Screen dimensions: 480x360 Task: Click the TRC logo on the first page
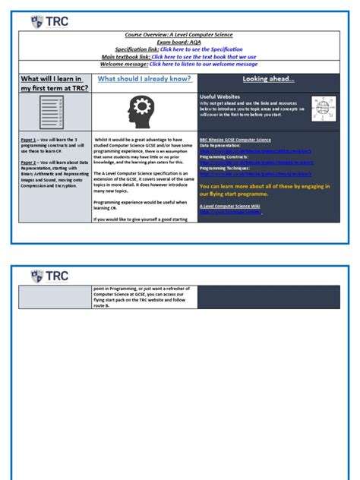[49, 21]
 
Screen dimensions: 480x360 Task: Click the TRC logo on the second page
[49, 276]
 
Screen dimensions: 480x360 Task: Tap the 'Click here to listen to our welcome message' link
[203, 65]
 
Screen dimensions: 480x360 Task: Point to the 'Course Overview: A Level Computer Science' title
[179, 35]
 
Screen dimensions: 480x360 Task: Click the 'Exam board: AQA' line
[179, 42]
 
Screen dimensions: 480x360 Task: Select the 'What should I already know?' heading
[143, 79]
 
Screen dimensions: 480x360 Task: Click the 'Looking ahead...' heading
[268, 79]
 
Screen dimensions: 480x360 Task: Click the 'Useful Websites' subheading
[219, 97]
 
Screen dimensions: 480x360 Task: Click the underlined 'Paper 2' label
[30, 162]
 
